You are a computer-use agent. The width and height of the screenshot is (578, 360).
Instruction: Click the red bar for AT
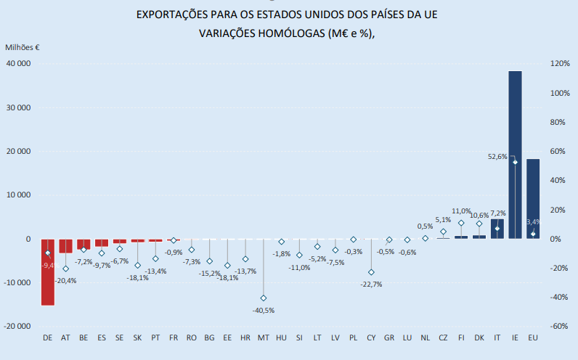click(x=65, y=246)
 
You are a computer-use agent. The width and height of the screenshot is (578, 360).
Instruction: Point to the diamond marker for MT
click(x=264, y=298)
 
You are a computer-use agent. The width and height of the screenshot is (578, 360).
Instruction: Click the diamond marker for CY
click(x=371, y=272)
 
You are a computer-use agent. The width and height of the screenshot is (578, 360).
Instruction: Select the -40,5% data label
click(x=264, y=311)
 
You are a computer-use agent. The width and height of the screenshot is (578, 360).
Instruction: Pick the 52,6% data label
click(x=497, y=156)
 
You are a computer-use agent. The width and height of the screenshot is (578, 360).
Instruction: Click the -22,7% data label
click(x=370, y=285)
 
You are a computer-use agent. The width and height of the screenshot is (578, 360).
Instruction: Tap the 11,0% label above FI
click(x=461, y=211)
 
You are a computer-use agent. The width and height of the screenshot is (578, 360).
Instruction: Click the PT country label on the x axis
click(x=155, y=338)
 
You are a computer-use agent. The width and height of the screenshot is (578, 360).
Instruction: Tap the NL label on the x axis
click(x=425, y=338)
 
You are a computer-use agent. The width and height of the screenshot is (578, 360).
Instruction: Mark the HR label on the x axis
click(x=245, y=338)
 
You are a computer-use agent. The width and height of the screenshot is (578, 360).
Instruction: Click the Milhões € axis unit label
click(x=23, y=47)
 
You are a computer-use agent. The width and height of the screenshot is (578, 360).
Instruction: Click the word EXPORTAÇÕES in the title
click(x=178, y=15)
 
